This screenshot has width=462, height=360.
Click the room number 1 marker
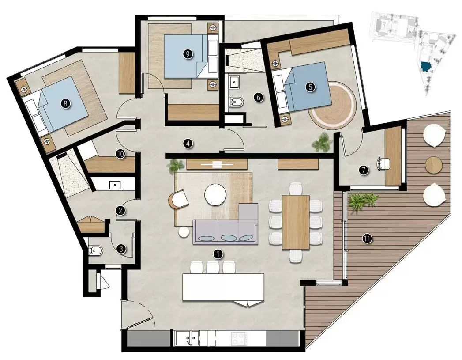click(217, 254)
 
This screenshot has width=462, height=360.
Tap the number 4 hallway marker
click(188, 143)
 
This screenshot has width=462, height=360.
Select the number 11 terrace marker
click(367, 239)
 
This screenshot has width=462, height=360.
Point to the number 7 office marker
click(364, 170)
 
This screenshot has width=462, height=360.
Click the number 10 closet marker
click(120, 154)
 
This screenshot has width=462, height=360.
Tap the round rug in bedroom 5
click(332, 106)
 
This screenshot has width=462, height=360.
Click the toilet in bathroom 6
click(237, 102)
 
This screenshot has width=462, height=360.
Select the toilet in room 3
click(96, 251)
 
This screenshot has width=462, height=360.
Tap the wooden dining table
click(296, 221)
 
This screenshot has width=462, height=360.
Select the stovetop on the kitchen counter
click(239, 339)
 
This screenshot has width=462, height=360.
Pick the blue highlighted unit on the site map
click(425, 66)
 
